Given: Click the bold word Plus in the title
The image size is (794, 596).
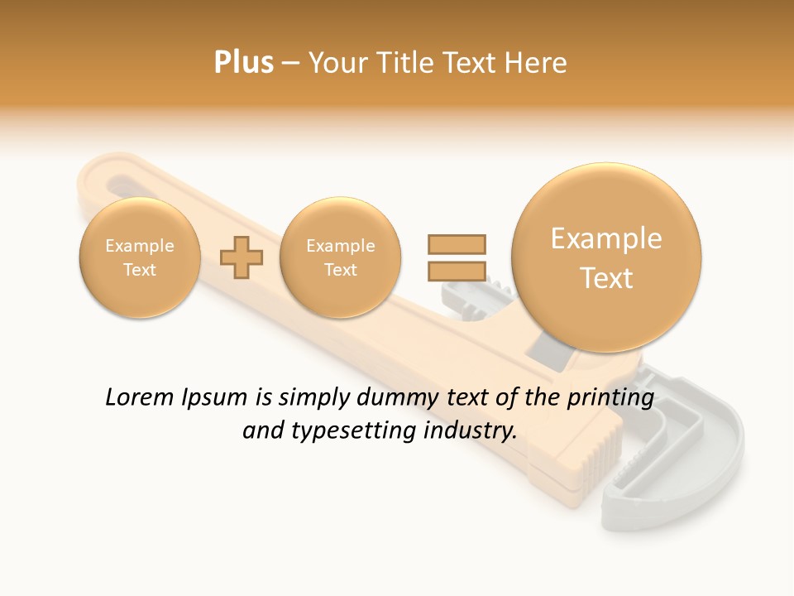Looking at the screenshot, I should pos(243,63).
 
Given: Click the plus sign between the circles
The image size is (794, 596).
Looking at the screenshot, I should pos(242,257).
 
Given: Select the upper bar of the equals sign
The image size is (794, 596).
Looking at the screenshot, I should pos(456,244).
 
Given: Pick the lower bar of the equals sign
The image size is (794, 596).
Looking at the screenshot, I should pos(456,271).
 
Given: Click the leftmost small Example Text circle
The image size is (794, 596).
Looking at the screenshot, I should pos(140,257).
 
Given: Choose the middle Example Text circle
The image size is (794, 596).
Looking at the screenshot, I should pos(340,257).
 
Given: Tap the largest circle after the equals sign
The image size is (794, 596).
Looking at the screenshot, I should pos(606,257).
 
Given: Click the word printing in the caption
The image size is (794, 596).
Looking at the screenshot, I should pos(610,398).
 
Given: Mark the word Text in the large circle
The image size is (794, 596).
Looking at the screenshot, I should pos(606,278).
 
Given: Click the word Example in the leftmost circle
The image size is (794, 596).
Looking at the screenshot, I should pos(140,246).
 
